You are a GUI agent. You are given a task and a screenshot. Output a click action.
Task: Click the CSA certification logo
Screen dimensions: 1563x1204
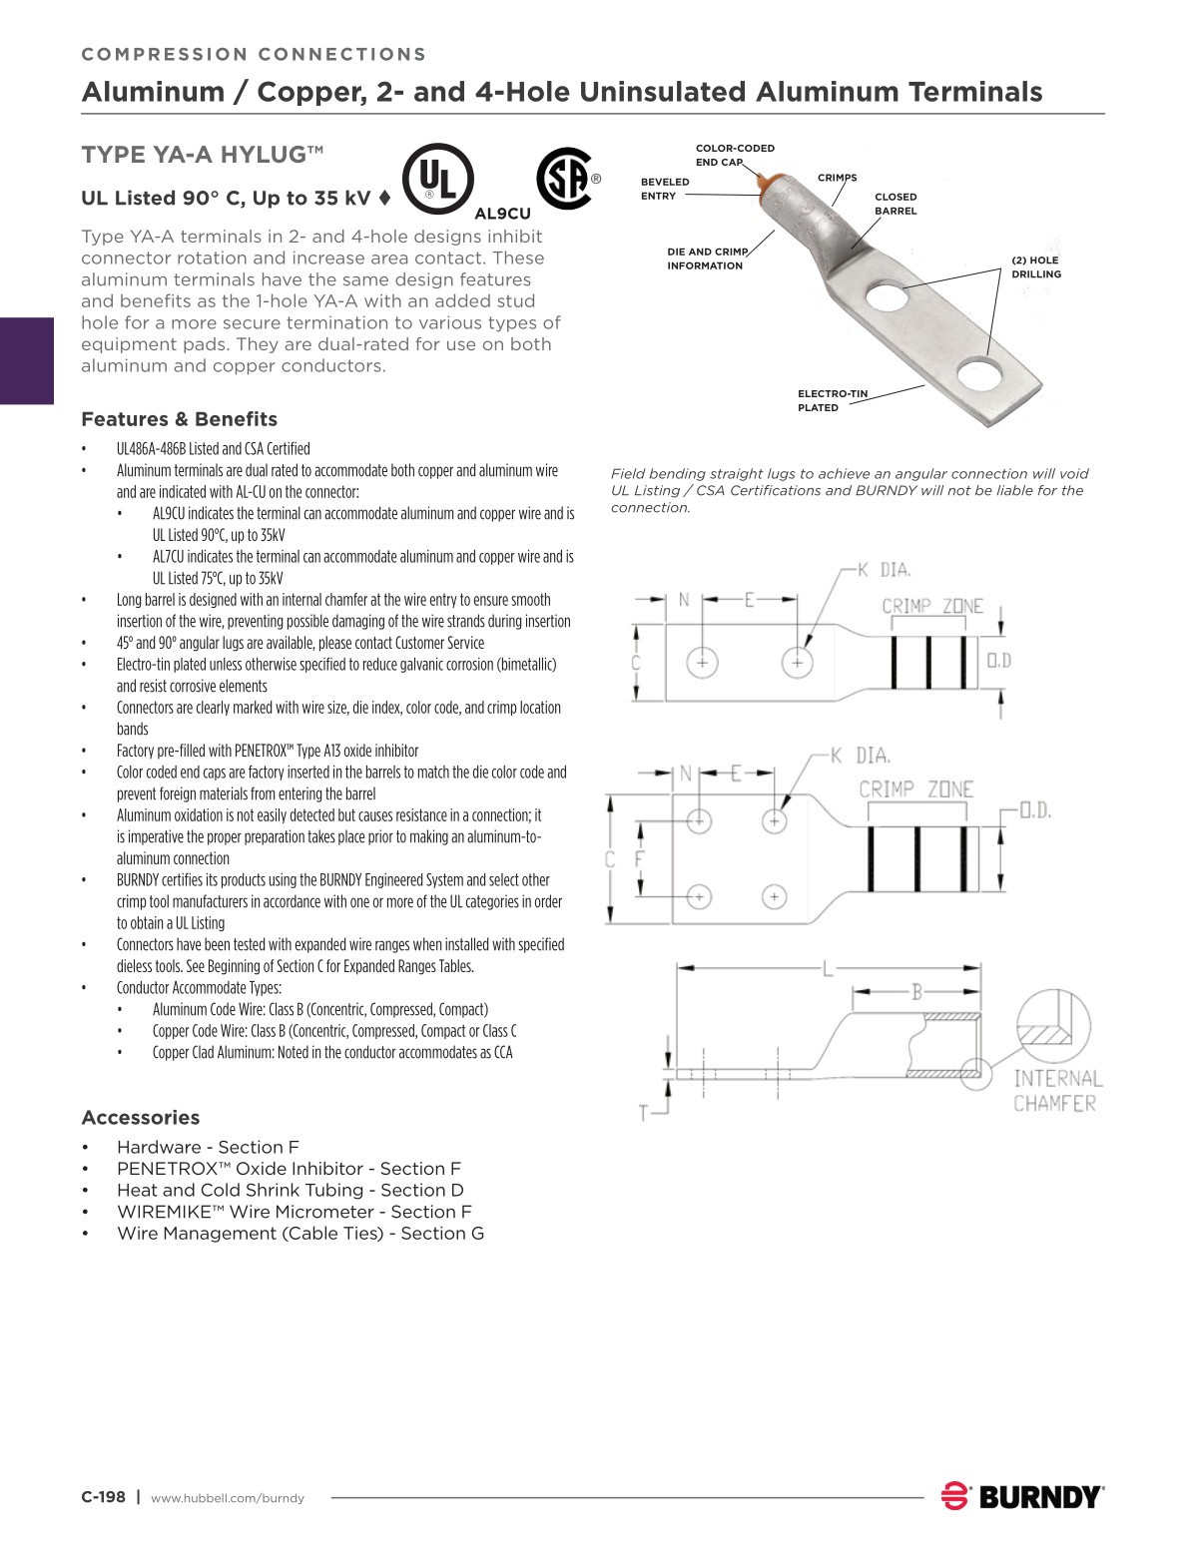pyautogui.click(x=565, y=180)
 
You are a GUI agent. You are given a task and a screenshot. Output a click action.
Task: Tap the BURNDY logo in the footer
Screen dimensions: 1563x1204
pyautogui.click(x=1022, y=1496)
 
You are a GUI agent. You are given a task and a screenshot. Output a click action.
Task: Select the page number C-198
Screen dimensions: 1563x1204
pyautogui.click(x=103, y=1497)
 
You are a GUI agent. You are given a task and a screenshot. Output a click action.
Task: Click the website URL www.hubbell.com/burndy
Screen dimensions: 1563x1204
pyautogui.click(x=228, y=1498)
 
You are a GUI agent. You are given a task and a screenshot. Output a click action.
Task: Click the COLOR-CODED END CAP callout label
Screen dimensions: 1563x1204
pyautogui.click(x=734, y=155)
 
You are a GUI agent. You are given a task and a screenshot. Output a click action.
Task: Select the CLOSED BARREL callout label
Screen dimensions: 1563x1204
pyautogui.click(x=896, y=204)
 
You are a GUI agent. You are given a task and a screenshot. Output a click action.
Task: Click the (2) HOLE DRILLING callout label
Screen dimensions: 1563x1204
pyautogui.click(x=1036, y=266)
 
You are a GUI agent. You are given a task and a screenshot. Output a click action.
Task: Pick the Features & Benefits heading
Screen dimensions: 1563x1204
pyautogui.click(x=179, y=419)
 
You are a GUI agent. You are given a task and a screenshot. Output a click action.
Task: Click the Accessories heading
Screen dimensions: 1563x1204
pyautogui.click(x=140, y=1118)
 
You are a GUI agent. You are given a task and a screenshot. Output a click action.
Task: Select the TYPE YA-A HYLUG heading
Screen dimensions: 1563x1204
pyautogui.click(x=202, y=155)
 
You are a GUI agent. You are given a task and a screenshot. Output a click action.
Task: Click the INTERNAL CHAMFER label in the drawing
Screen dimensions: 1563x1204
pyautogui.click(x=1057, y=1091)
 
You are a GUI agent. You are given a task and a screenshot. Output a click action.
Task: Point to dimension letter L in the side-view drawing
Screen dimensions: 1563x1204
pyautogui.click(x=828, y=968)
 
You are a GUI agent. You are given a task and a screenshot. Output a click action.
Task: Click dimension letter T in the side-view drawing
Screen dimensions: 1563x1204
pyautogui.click(x=646, y=1111)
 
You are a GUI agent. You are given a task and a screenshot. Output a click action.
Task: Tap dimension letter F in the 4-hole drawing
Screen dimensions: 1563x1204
pyautogui.click(x=640, y=858)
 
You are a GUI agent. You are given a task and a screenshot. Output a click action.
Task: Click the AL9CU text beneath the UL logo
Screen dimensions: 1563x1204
pyautogui.click(x=502, y=214)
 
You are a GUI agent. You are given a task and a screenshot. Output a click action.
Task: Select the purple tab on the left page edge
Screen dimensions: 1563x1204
pyautogui.click(x=26, y=360)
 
